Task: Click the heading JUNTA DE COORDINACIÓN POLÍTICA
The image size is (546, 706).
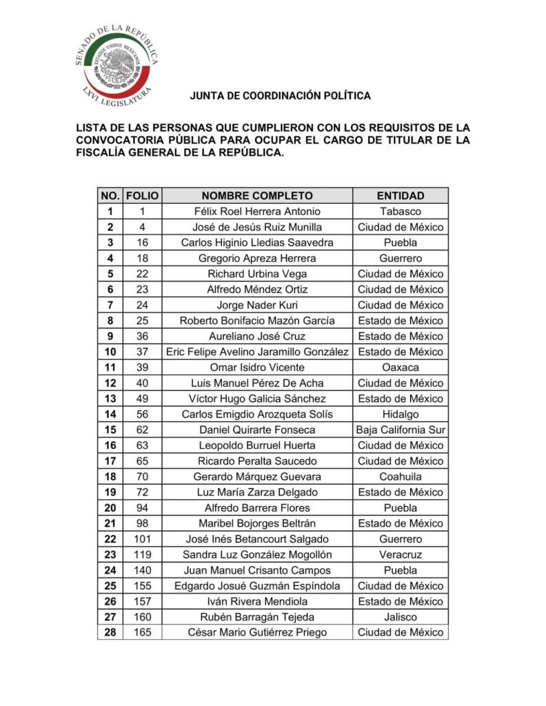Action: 280,96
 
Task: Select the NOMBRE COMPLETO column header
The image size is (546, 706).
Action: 257,196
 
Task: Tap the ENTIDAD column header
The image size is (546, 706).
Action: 400,196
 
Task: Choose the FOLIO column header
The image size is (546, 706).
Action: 142,196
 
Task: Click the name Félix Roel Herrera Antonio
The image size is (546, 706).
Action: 257,212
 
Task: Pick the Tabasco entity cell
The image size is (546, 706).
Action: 400,212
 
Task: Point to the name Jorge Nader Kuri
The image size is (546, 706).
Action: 257,305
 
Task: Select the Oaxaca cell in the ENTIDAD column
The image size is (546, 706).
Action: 400,367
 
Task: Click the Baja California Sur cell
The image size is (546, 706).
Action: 400,430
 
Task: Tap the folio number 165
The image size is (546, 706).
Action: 142,632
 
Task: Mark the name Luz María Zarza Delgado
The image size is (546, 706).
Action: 257,492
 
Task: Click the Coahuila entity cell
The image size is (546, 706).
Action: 400,476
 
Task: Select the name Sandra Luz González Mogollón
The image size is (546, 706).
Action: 257,554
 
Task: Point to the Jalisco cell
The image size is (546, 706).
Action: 400,617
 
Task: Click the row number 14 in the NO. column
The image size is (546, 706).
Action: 110,414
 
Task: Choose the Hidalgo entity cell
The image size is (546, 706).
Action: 400,414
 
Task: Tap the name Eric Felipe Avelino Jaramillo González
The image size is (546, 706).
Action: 257,352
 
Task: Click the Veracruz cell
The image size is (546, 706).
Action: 400,554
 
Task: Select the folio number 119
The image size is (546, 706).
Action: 142,554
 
